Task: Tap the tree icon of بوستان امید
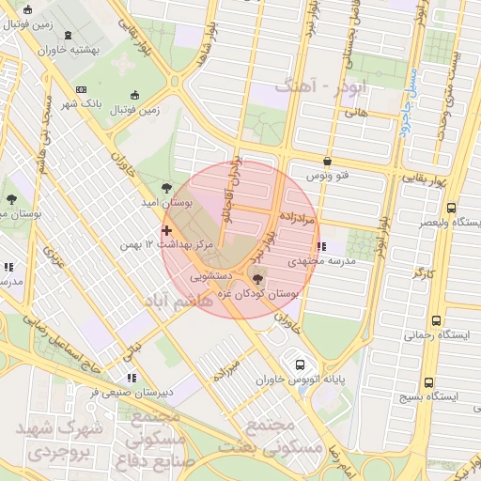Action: [166, 187]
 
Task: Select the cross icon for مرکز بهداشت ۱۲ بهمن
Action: [166, 230]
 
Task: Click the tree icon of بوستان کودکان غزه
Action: [258, 279]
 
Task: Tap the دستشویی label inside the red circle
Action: [211, 277]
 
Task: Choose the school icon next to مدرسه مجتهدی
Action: [323, 247]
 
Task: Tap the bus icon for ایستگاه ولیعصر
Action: [452, 209]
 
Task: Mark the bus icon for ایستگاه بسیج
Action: [429, 382]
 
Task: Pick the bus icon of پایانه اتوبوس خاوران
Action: [300, 365]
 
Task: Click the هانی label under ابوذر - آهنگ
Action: [355, 113]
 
